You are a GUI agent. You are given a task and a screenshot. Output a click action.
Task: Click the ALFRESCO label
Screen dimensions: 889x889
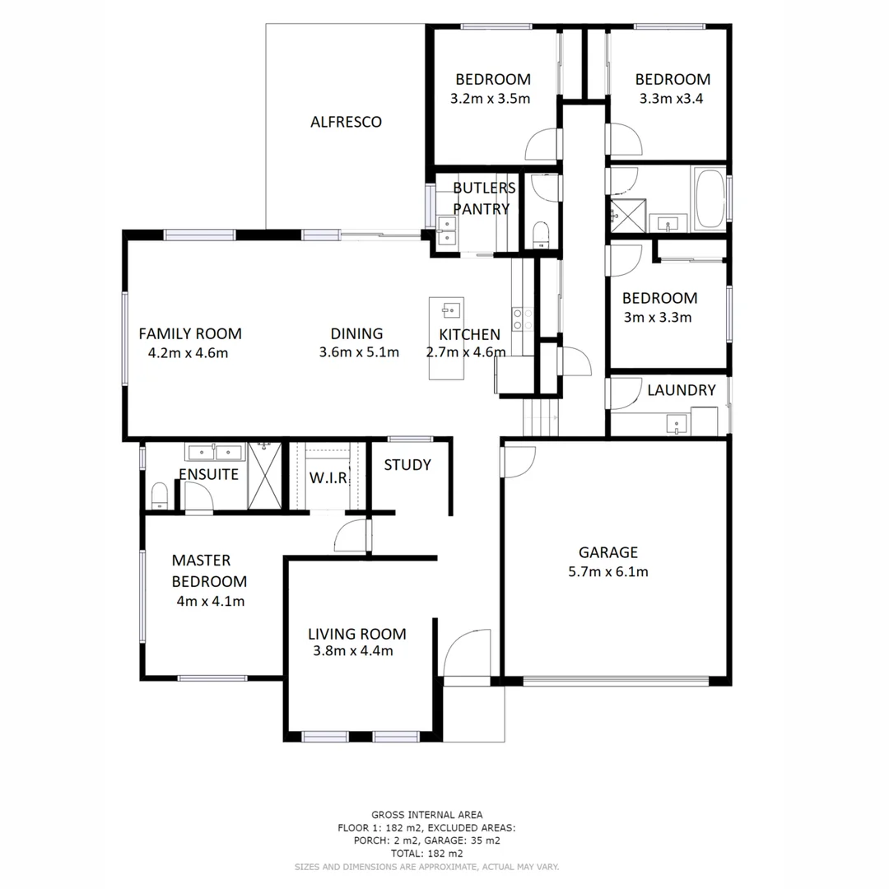coord(346,122)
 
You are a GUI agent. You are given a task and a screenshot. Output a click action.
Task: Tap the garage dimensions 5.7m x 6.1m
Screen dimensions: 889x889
coord(608,571)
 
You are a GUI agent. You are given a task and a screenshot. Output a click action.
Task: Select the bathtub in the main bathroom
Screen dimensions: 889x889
coord(709,199)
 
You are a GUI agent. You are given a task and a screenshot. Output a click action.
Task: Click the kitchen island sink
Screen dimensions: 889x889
coord(449,310)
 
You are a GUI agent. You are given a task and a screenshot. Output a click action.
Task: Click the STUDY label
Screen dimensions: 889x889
coord(407,465)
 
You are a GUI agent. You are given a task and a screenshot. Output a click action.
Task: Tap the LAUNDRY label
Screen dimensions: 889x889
coord(681,390)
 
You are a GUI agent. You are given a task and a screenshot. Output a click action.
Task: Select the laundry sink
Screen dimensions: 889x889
coord(677,425)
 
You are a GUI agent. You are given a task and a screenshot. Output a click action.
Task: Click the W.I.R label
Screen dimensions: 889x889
coord(328,478)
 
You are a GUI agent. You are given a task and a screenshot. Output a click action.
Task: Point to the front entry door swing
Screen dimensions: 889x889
coord(466,654)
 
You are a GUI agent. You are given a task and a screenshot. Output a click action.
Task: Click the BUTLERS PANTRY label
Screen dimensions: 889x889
coord(484,198)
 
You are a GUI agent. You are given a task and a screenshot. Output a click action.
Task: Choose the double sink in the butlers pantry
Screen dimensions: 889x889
coord(447,230)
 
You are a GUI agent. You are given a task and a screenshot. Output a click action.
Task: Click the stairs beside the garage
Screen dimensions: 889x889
coord(541,417)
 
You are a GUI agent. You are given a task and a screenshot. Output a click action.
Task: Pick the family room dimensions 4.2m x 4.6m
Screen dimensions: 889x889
coord(188,353)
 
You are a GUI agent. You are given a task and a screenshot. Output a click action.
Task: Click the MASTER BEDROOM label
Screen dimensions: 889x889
coord(209,570)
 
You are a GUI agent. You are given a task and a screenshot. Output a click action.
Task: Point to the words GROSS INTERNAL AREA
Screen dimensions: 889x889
coord(427,814)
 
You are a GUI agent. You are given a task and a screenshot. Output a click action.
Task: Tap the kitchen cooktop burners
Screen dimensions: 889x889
coord(521,319)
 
